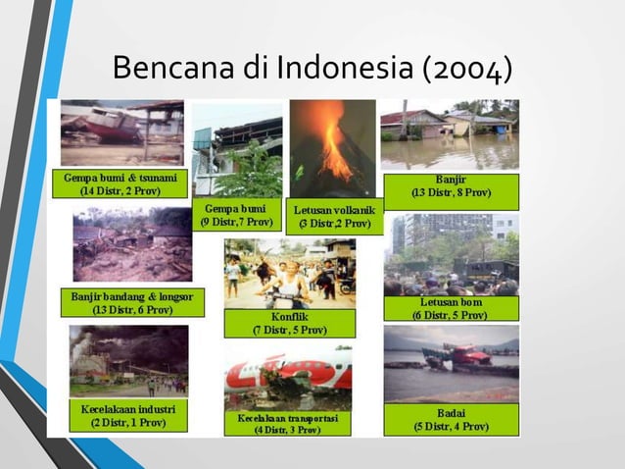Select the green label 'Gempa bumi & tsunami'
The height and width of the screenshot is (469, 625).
(120, 183)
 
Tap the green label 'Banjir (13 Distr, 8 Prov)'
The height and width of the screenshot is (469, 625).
(451, 185)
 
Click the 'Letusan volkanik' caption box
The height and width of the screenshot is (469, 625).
(334, 217)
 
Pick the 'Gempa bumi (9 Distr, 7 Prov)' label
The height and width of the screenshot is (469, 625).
(238, 215)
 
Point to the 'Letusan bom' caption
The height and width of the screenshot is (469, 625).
(451, 308)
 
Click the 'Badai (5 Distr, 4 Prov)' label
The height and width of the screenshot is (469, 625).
(451, 419)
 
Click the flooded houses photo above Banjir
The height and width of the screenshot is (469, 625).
(451, 134)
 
